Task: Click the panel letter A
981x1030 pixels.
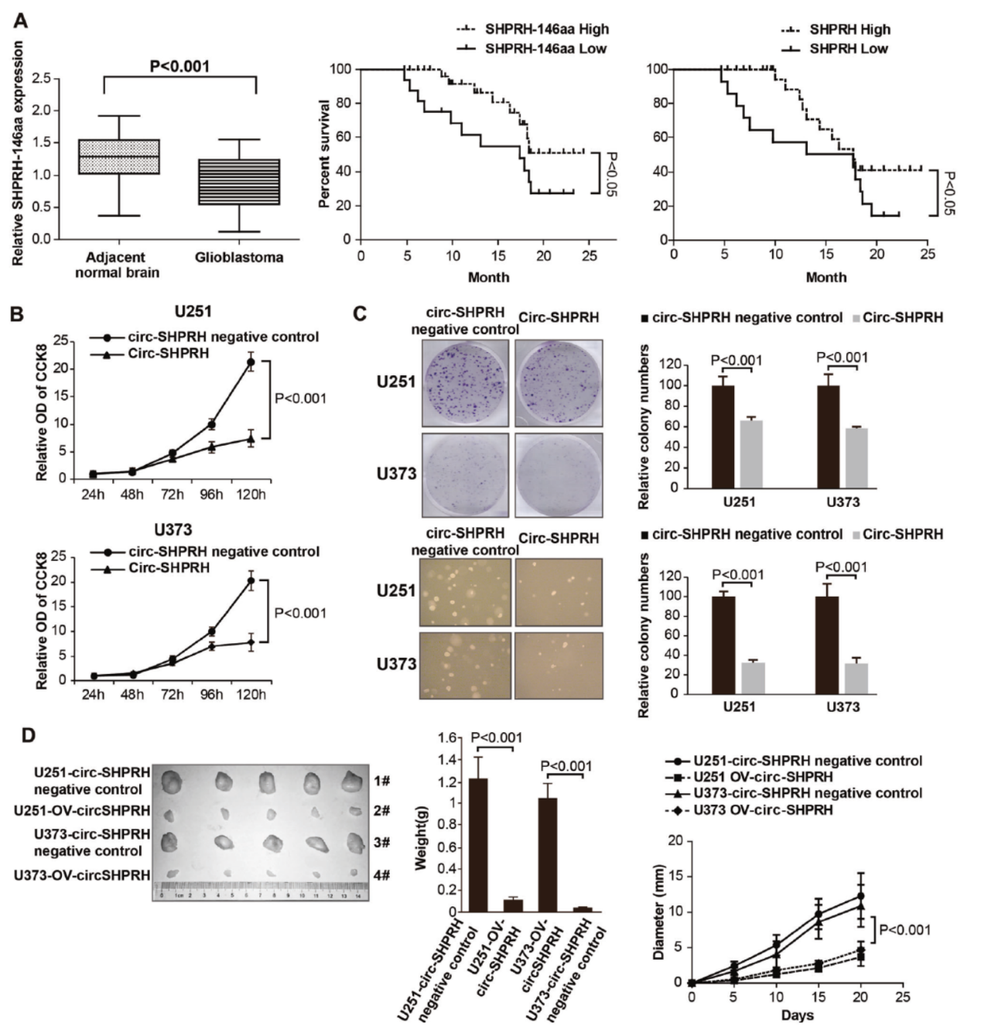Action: [x=20, y=20]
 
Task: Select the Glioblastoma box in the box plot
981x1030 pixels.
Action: [x=239, y=182]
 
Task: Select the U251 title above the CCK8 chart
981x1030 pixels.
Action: [x=193, y=312]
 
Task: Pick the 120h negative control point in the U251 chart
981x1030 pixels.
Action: [x=250, y=362]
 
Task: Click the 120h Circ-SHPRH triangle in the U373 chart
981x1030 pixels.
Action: [x=251, y=642]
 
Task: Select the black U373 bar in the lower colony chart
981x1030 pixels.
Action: [x=828, y=645]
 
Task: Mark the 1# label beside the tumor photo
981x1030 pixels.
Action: [x=381, y=781]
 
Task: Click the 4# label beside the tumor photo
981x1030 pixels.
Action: [x=381, y=875]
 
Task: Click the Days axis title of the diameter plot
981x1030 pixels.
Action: [x=797, y=1015]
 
